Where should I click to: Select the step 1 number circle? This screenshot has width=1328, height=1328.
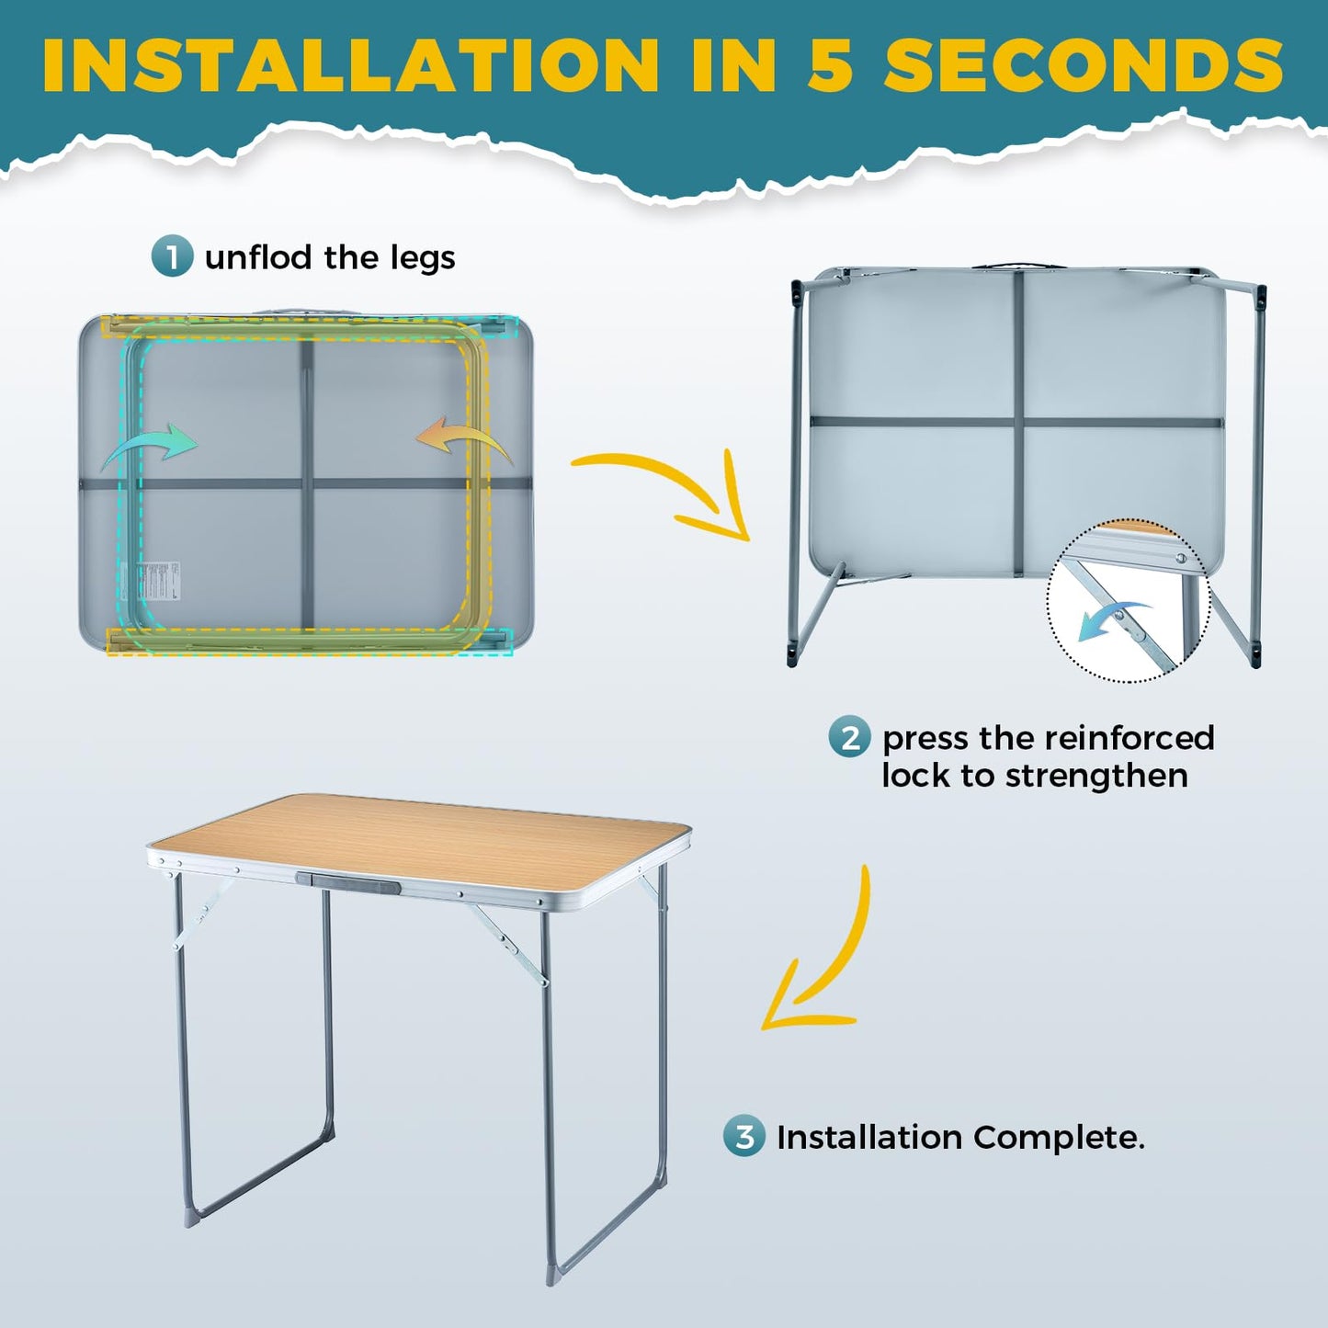[x=172, y=256]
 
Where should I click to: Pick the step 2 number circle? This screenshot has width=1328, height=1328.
[x=849, y=737]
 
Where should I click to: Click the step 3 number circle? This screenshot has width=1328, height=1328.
[x=743, y=1135]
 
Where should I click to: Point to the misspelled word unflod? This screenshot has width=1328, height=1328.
[x=258, y=257]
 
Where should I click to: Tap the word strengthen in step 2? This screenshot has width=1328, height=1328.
[x=1096, y=777]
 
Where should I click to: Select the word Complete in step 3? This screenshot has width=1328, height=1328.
[x=1058, y=1138]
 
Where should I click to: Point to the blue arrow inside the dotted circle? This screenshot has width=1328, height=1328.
[x=1114, y=620]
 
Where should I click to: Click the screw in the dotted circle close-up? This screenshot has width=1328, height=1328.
[x=1181, y=558]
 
